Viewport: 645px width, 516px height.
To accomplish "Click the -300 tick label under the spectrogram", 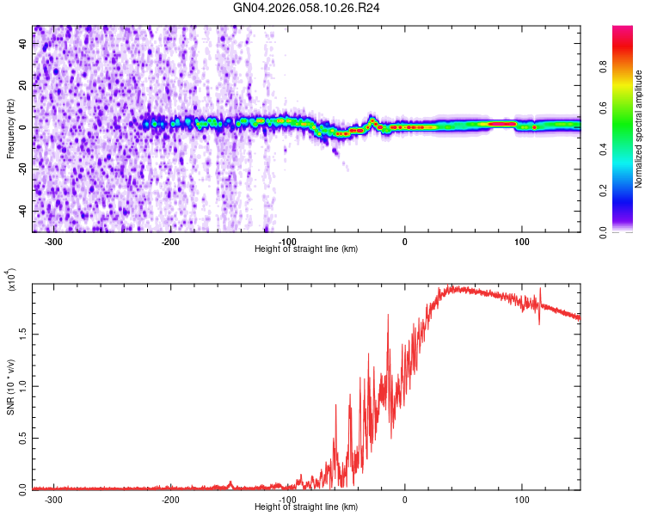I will point(52,241).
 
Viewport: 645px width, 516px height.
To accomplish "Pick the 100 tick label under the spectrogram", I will point(521,241).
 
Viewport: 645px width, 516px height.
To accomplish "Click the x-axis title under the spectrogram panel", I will point(307,249).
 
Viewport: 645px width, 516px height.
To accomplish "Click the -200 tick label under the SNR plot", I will point(169,498).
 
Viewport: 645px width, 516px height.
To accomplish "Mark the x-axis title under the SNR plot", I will point(307,507).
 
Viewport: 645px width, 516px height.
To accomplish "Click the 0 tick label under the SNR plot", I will point(405,498).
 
